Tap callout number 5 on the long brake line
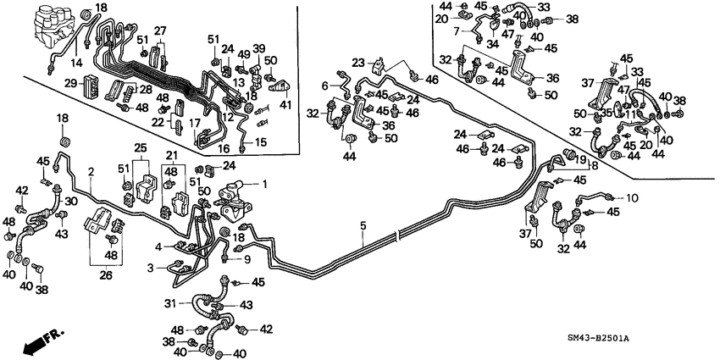point(363,226)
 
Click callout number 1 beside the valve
point(263,185)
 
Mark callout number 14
point(78,63)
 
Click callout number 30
point(71,201)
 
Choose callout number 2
point(90,172)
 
